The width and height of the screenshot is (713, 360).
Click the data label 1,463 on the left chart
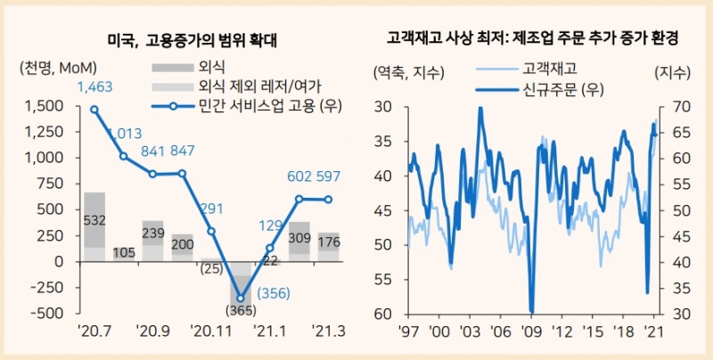pyautogui.click(x=95, y=87)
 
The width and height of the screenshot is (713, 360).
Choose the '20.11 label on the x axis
pyautogui.click(x=210, y=331)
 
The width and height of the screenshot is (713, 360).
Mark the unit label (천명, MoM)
pyautogui.click(x=57, y=69)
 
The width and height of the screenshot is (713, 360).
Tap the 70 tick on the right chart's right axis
pyautogui.click(x=668, y=107)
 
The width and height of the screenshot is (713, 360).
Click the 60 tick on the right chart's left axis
pyautogui.click(x=383, y=314)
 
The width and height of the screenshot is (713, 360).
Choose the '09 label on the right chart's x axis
pyautogui.click(x=532, y=331)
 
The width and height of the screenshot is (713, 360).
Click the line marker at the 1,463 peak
pyautogui.click(x=94, y=110)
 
